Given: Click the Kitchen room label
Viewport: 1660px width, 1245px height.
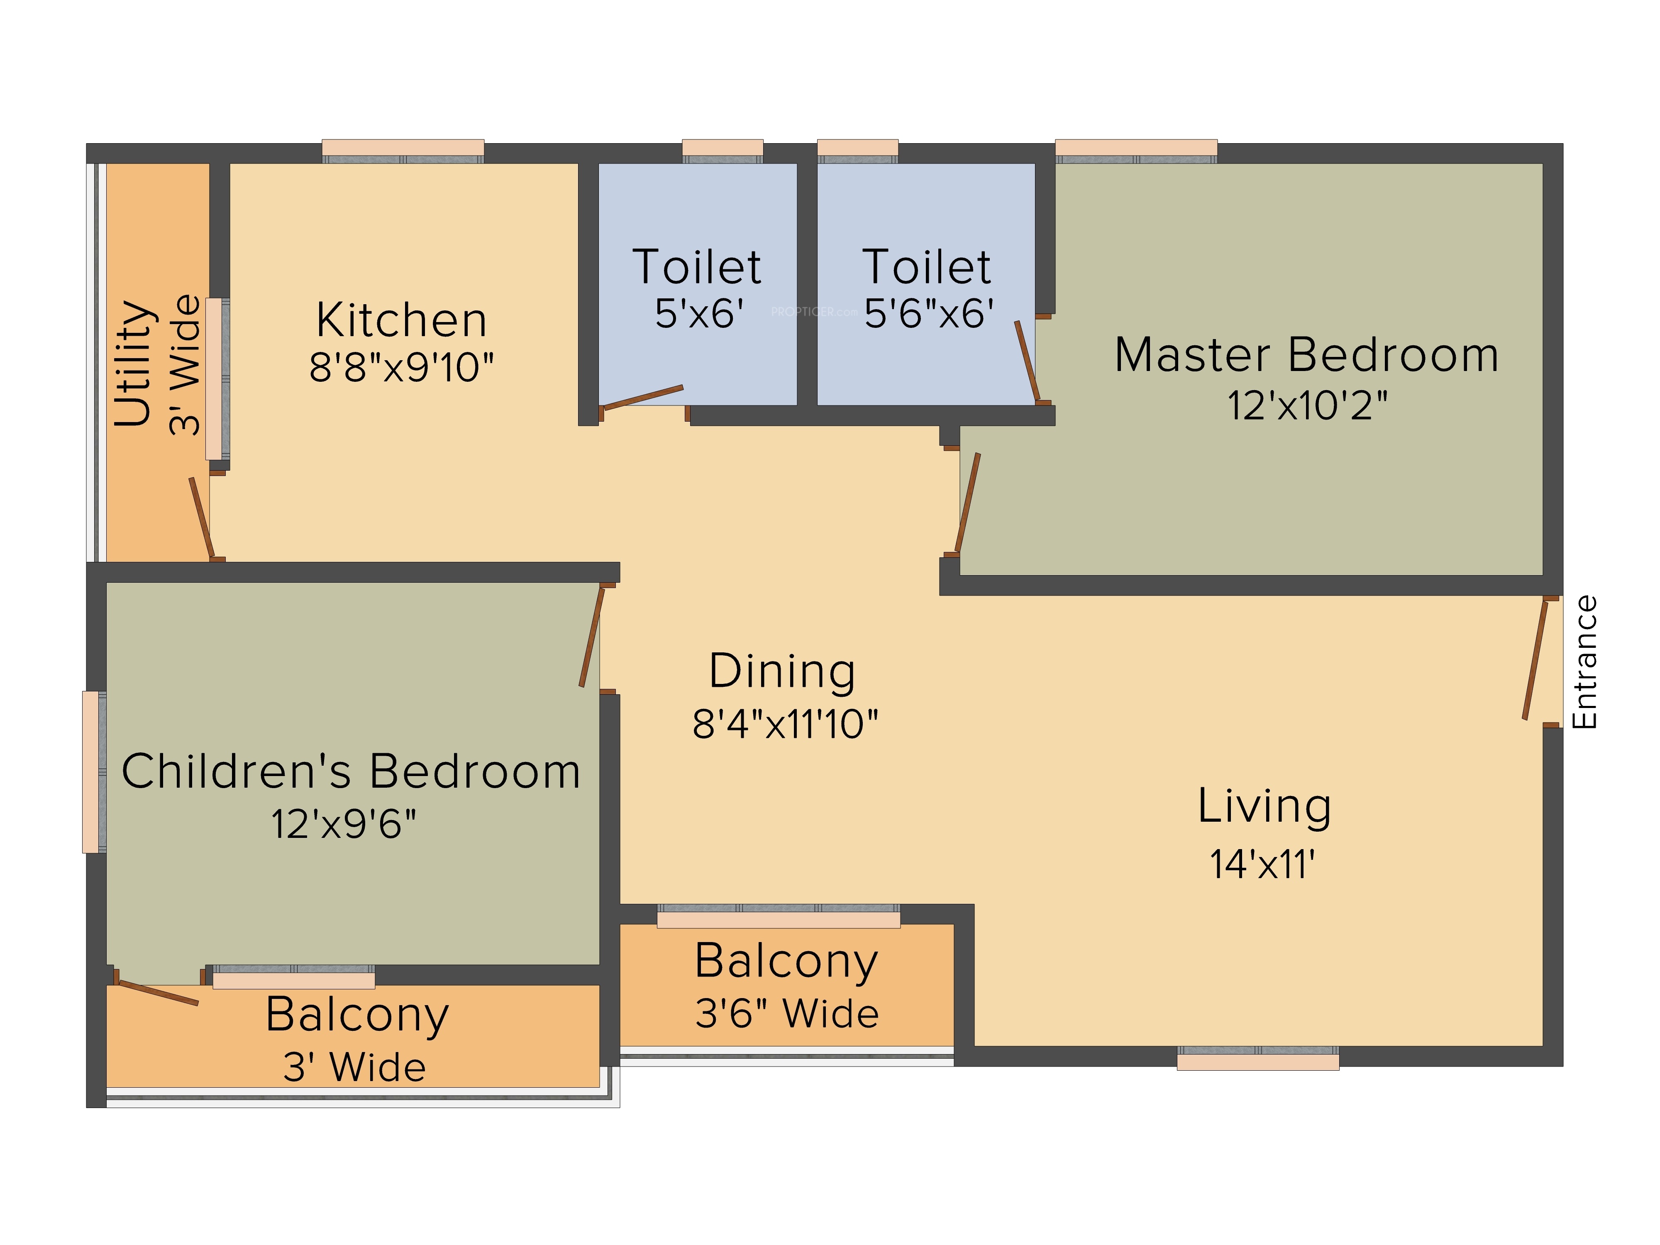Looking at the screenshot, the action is pyautogui.click(x=401, y=320).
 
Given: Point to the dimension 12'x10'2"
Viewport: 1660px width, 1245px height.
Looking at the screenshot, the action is pyautogui.click(x=1306, y=405).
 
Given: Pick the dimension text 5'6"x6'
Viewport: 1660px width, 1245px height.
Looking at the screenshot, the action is pyautogui.click(x=929, y=313).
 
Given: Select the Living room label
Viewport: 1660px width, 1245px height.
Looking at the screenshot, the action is pyautogui.click(x=1265, y=807).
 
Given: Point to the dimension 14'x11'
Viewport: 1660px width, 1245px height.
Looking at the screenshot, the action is pyautogui.click(x=1262, y=864).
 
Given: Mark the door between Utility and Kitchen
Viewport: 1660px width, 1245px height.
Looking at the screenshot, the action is pyautogui.click(x=201, y=518).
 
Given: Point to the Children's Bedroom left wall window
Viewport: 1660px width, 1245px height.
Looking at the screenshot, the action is pyautogui.click(x=94, y=771).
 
